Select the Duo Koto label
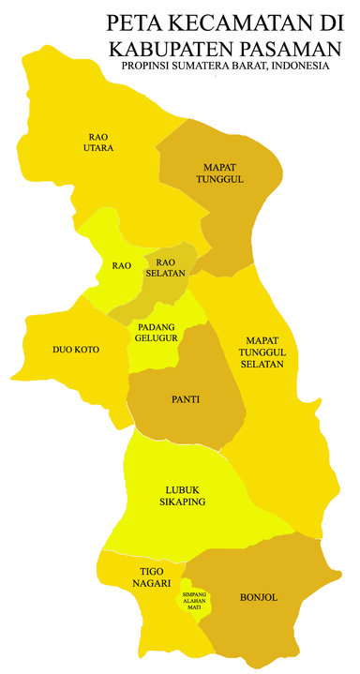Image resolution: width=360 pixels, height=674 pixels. [x=76, y=350]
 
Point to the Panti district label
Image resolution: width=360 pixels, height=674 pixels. [x=185, y=399]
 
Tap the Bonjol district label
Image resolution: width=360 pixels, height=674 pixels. [x=259, y=596]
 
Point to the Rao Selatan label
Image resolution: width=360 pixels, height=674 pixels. [x=166, y=267]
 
